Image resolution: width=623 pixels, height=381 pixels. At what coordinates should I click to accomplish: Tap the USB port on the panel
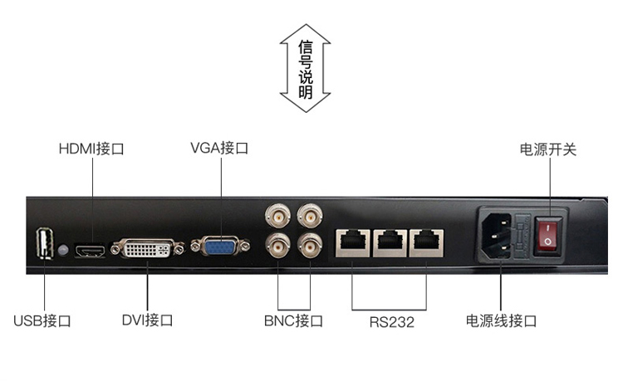pos(43,243)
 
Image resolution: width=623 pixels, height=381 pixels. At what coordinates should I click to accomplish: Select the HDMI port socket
pos(90,249)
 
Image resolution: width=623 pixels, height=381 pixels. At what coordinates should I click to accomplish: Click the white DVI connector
pos(148,247)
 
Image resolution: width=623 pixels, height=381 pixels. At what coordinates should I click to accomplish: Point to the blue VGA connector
pos(220,247)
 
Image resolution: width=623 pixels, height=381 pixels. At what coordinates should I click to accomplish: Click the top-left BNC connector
pos(277,217)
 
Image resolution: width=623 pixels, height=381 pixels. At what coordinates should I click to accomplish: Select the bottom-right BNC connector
pos(311,245)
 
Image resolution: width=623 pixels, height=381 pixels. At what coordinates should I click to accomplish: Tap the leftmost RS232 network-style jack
pos(351,242)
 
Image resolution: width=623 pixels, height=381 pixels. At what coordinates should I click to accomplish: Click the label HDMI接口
pos(91,149)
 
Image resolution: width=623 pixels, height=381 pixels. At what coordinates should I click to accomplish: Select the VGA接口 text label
pos(218,149)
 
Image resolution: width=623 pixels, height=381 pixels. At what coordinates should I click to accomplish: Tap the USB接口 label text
pos(42,320)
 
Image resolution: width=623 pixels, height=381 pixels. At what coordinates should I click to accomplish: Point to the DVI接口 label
pos(147,320)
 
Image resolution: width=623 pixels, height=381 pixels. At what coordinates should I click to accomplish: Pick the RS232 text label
pos(391,321)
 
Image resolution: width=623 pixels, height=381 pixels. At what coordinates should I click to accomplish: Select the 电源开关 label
pos(547,149)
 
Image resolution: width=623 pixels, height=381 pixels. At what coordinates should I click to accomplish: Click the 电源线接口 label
pos(501,320)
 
